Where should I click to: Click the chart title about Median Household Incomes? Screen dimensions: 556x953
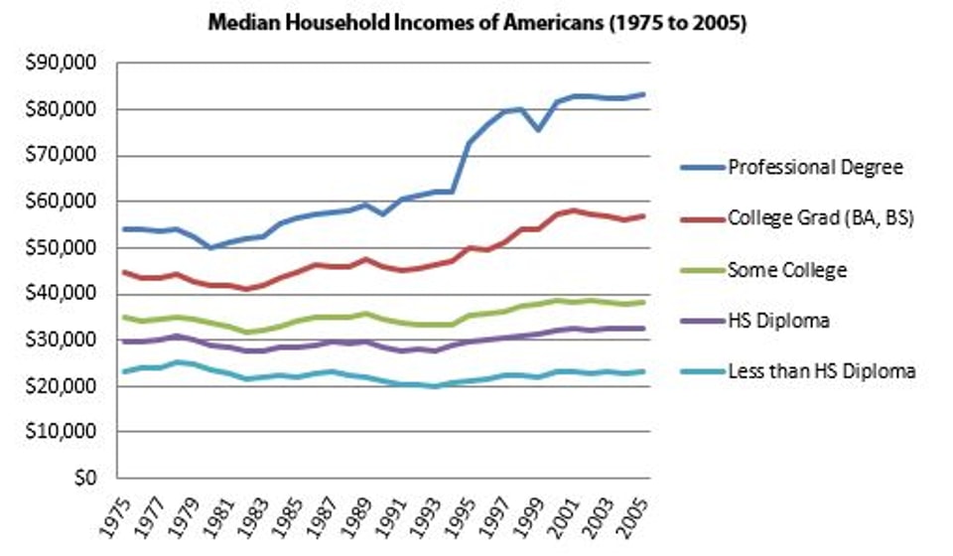476,23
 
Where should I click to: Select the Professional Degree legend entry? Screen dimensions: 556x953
815,167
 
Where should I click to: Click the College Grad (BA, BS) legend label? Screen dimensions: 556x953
821,218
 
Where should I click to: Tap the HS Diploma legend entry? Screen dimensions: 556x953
778,320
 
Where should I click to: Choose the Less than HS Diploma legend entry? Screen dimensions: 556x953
821,371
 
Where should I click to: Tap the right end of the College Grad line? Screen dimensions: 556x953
644,215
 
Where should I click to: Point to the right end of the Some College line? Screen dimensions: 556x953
644,302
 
